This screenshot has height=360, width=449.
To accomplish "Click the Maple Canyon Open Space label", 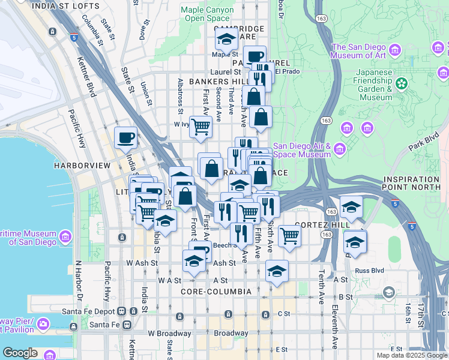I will click(x=207, y=14).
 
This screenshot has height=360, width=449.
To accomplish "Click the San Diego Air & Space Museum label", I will click(x=302, y=150).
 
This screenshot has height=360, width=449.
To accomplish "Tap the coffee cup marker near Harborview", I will click(x=125, y=138).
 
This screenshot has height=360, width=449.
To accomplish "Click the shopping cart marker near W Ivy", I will click(x=201, y=127).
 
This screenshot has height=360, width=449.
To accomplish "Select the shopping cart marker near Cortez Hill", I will click(x=289, y=236).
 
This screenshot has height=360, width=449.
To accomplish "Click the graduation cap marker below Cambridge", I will click(x=226, y=40).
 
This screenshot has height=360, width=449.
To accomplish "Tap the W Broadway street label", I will click(x=169, y=334).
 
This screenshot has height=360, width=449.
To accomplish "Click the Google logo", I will click(x=19, y=353).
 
